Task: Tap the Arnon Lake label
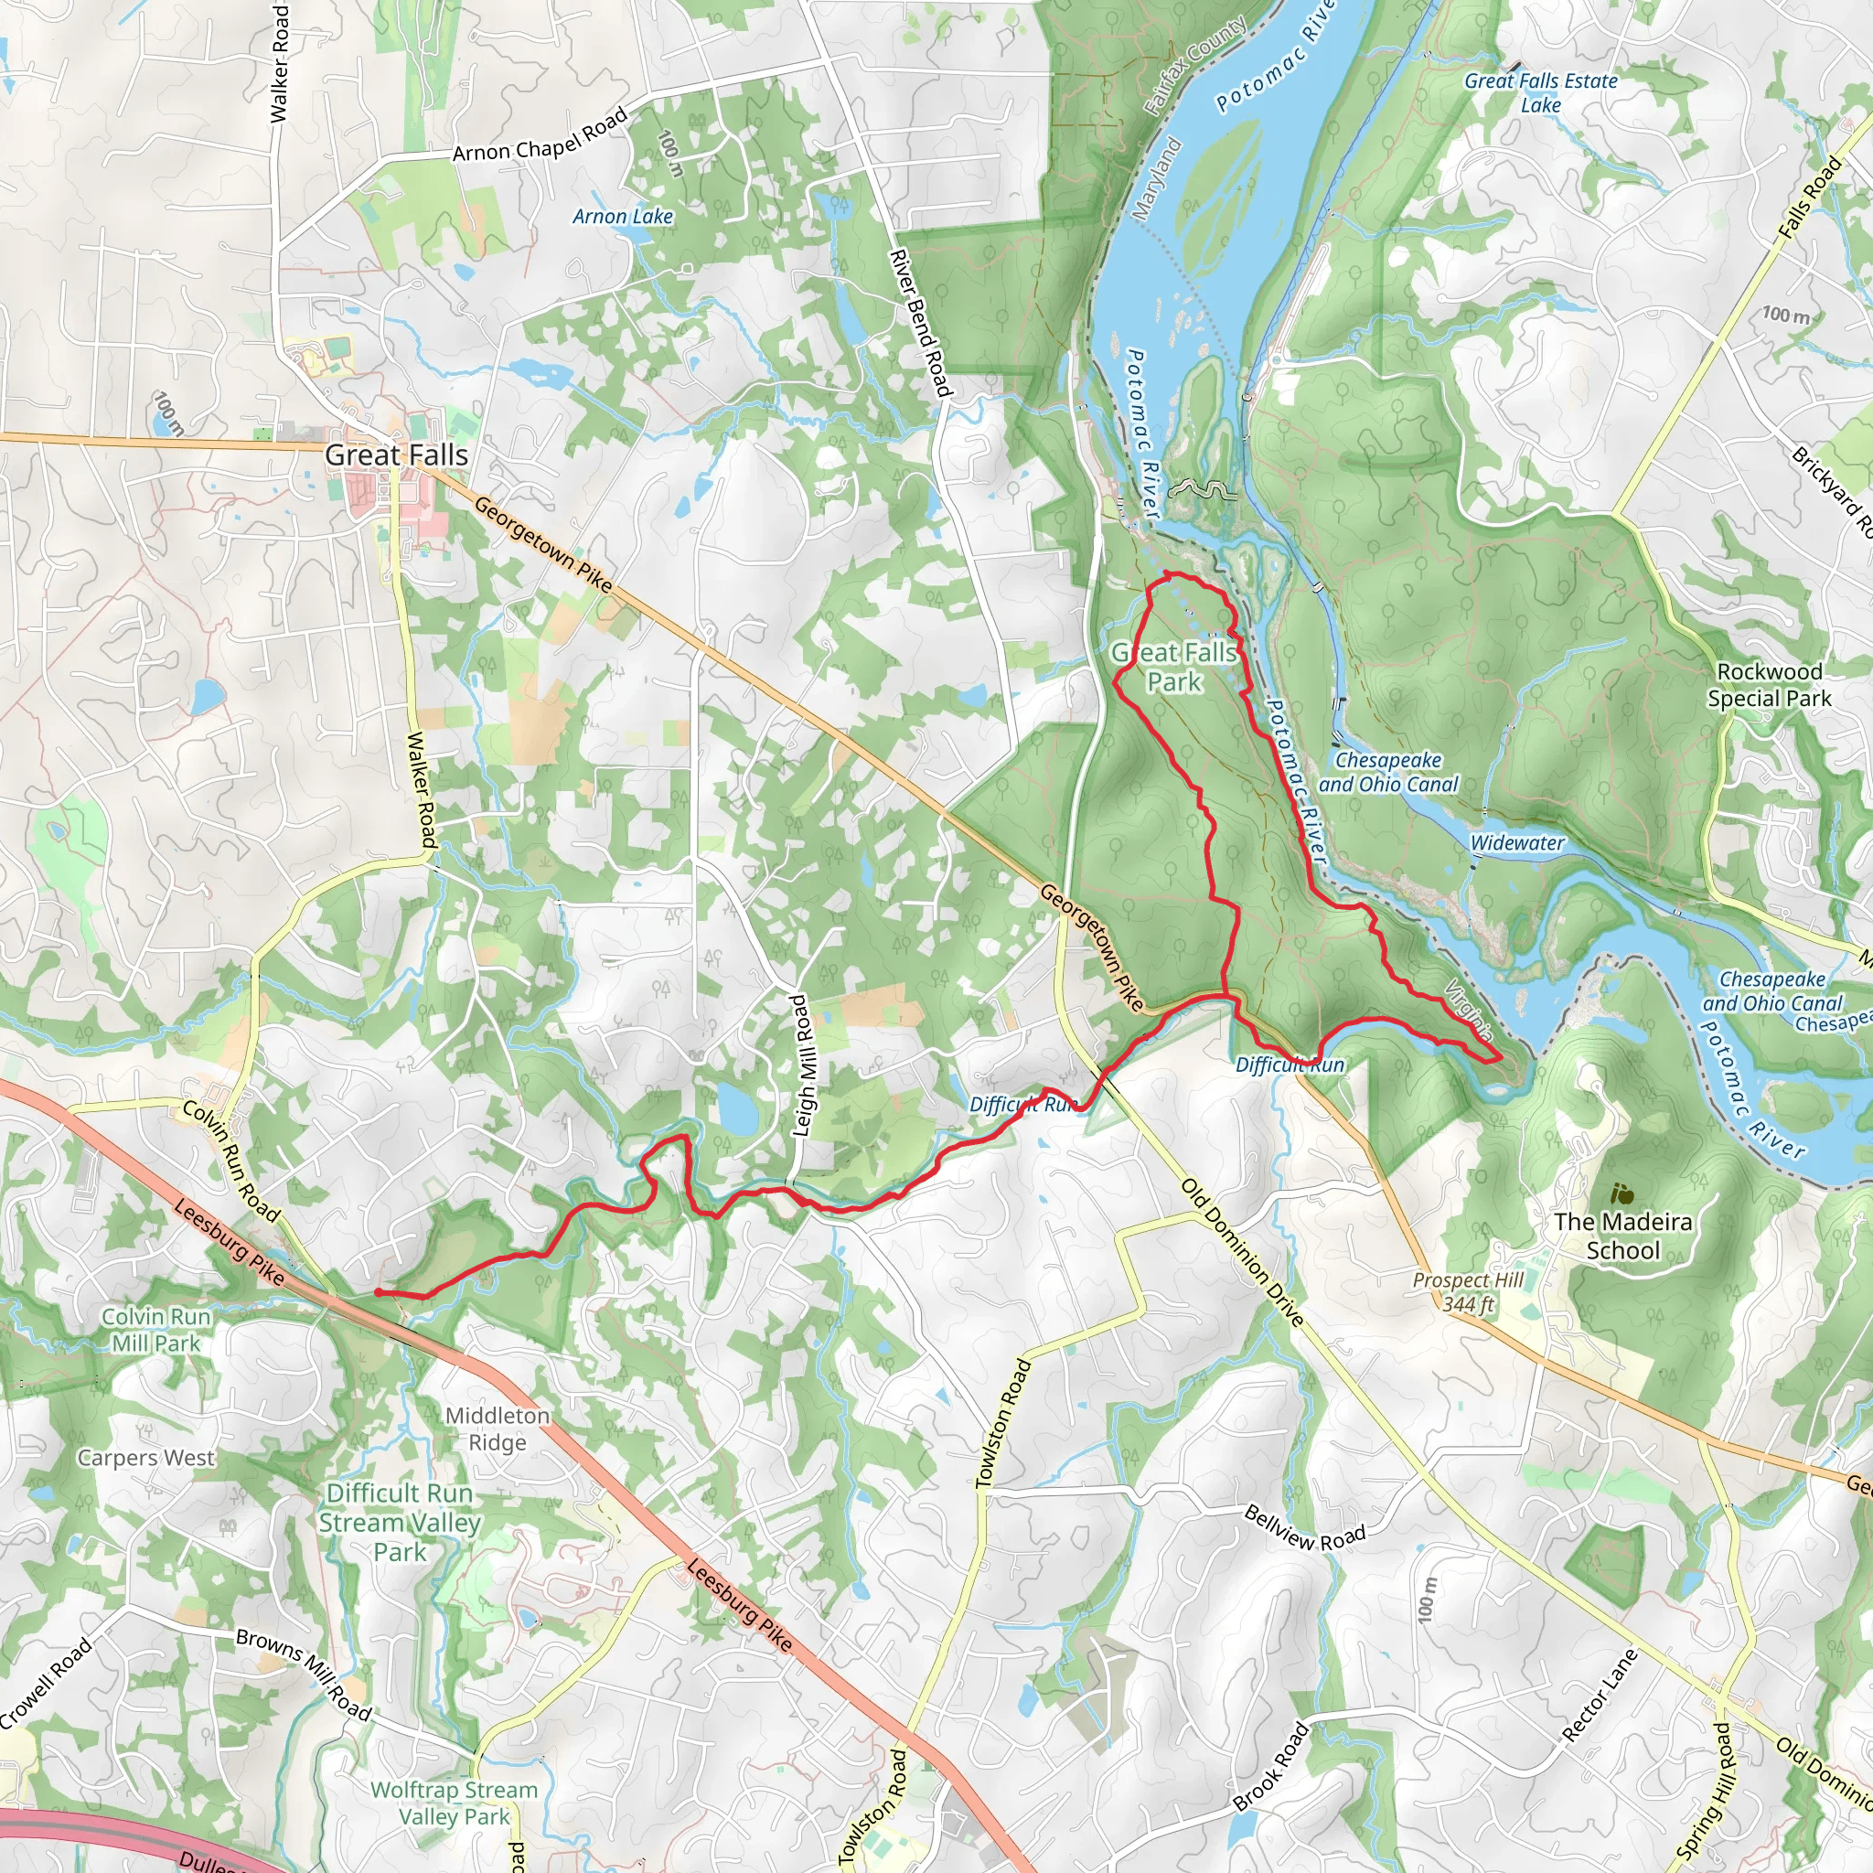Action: (x=623, y=216)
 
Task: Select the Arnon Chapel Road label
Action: (x=540, y=135)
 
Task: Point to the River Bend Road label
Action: (x=921, y=323)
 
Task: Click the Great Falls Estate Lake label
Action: (x=1540, y=93)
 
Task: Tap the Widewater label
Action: (x=1516, y=842)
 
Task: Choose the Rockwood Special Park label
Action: (x=1770, y=684)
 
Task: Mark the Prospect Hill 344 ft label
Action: (x=1468, y=1291)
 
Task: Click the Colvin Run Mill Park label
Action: (x=156, y=1329)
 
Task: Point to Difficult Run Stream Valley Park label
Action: (x=400, y=1522)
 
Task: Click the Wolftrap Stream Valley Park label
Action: (x=454, y=1803)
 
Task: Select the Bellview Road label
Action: (x=1304, y=1528)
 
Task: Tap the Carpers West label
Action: (x=146, y=1457)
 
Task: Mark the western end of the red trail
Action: (x=376, y=1292)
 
